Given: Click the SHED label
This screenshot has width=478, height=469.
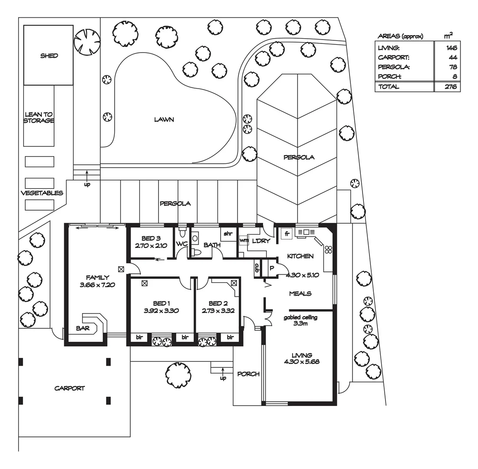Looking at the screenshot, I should [x=49, y=56].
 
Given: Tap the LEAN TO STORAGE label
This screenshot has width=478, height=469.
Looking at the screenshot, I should [x=39, y=118].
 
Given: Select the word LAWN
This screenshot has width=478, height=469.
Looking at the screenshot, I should [x=164, y=119].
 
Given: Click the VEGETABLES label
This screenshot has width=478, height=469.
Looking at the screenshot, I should [x=42, y=193].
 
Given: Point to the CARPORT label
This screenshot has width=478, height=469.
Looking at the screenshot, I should [x=69, y=388].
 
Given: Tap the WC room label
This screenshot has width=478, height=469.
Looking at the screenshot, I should [x=181, y=244].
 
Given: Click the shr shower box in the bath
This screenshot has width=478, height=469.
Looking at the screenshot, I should [x=228, y=234].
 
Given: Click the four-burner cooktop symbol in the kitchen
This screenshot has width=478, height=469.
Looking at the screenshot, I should [x=329, y=249].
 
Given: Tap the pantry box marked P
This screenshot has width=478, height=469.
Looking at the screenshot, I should [x=272, y=268].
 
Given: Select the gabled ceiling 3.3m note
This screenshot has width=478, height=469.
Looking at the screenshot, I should [x=300, y=320].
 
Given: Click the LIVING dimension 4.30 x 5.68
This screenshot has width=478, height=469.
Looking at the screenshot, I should [x=302, y=361].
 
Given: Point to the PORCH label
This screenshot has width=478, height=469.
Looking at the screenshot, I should [x=248, y=374].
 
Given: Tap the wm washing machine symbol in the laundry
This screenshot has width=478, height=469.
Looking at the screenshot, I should [x=243, y=240].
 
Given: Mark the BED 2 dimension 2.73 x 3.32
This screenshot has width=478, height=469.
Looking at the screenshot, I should [x=218, y=310].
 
